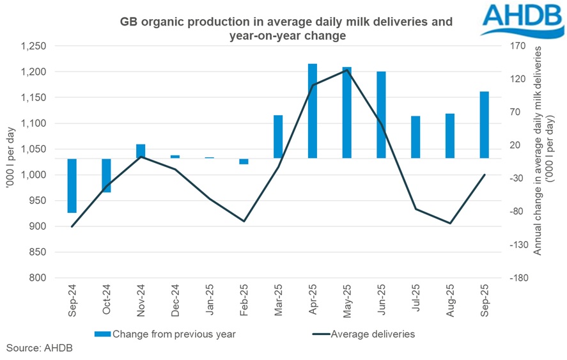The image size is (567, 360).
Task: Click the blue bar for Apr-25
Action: [x=313, y=111]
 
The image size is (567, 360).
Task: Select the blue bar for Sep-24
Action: [x=72, y=185]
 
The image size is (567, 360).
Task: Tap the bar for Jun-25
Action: [x=381, y=114]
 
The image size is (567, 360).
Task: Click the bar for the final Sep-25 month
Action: [x=484, y=125]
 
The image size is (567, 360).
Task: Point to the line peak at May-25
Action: [x=346, y=70]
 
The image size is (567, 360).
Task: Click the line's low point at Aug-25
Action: [x=450, y=223]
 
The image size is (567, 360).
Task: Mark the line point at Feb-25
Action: [x=244, y=221]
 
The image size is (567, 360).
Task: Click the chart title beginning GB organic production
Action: [x=286, y=29]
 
